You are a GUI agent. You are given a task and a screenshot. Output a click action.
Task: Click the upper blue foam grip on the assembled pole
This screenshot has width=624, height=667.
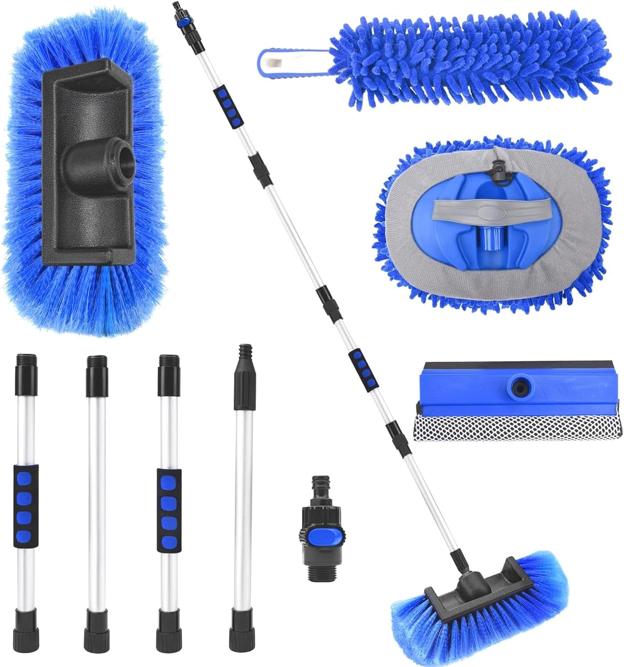226,105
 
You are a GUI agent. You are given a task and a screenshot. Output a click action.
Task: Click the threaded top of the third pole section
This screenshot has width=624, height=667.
169,362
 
